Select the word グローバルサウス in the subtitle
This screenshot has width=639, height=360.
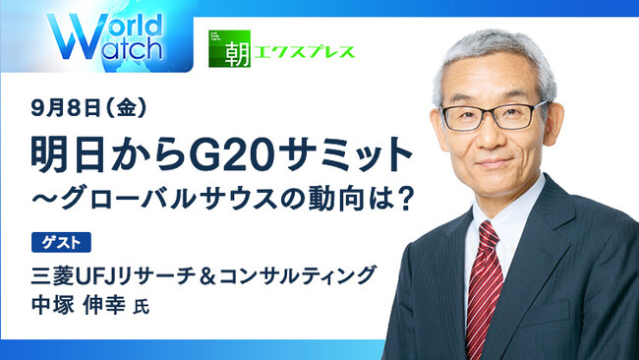tap(191, 196)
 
